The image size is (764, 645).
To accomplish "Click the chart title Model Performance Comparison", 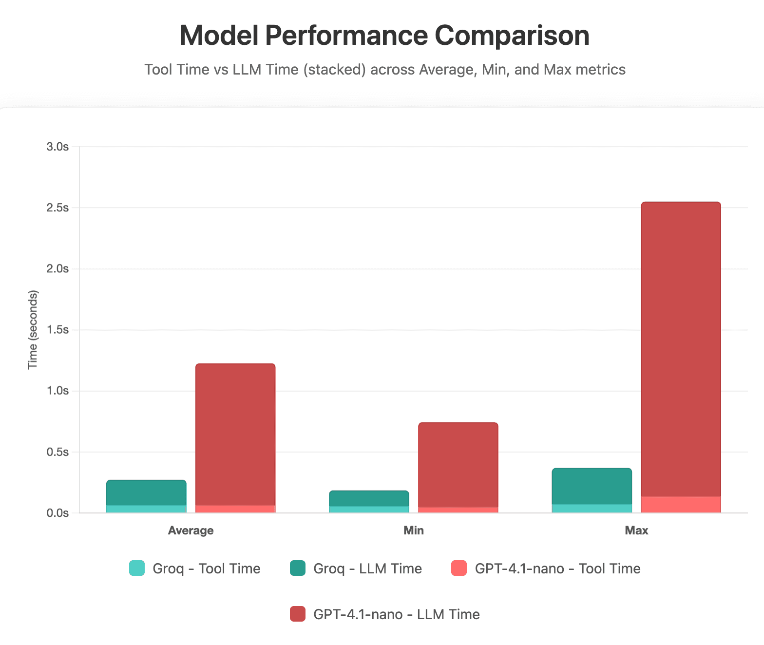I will pyautogui.click(x=384, y=36).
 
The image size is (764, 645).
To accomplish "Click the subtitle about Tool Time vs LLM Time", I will pyautogui.click(x=384, y=70).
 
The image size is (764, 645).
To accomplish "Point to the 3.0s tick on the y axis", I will pyautogui.click(x=57, y=147).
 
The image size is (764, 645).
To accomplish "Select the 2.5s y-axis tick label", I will pyautogui.click(x=57, y=208).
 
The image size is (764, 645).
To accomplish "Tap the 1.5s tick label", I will pyautogui.click(x=57, y=330).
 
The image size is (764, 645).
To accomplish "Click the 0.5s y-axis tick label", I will pyautogui.click(x=57, y=452).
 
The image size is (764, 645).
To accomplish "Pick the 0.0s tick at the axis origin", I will pyautogui.click(x=57, y=513).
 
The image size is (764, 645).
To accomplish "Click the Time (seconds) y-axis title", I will pyautogui.click(x=33, y=330).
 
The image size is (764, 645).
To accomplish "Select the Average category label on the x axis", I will pyautogui.click(x=191, y=531).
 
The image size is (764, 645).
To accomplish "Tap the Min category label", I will pyautogui.click(x=413, y=531).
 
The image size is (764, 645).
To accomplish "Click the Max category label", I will pyautogui.click(x=636, y=531).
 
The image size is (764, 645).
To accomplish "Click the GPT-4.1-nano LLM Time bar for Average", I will pyautogui.click(x=235, y=434).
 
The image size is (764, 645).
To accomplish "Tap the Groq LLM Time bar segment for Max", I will pyautogui.click(x=592, y=486).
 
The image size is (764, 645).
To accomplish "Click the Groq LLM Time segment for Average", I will pyautogui.click(x=146, y=493).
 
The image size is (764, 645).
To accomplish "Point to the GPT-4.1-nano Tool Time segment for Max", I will pyautogui.click(x=681, y=505).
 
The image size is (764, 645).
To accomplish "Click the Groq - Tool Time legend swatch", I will pyautogui.click(x=137, y=569).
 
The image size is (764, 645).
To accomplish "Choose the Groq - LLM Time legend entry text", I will pyautogui.click(x=367, y=569).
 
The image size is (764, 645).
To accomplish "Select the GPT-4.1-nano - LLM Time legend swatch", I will pyautogui.click(x=298, y=614).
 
